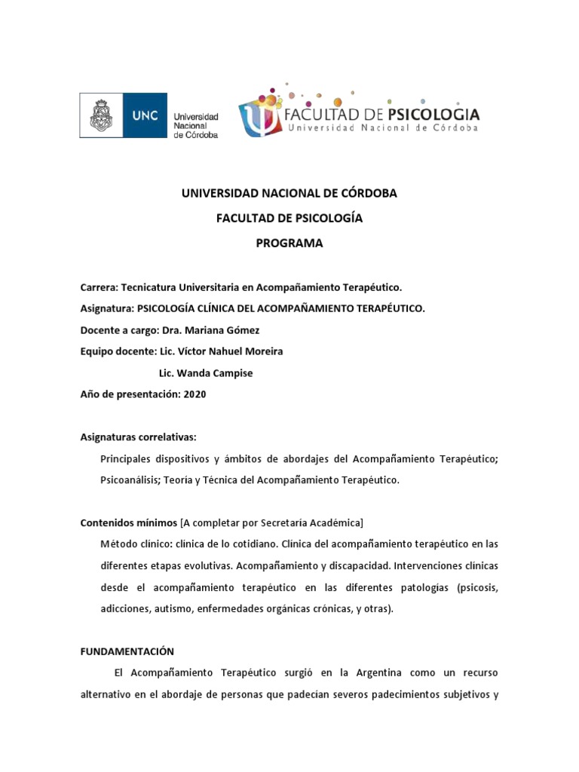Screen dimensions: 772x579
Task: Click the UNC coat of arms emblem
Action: coord(103,116)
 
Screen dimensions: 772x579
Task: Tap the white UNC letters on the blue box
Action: coord(146,117)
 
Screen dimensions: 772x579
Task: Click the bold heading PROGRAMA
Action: coord(289,243)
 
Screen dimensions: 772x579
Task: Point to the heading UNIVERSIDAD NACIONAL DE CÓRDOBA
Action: coord(289,193)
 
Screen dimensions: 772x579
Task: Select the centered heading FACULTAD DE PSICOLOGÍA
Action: coord(289,218)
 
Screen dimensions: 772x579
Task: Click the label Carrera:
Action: coord(99,287)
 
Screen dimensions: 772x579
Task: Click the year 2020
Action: coord(195,394)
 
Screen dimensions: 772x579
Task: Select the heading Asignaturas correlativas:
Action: coord(139,437)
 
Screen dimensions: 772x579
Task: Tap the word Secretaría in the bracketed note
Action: coord(276,522)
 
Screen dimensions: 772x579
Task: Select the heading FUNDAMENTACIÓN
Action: coord(127,651)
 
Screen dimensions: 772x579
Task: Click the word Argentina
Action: coord(360,672)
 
